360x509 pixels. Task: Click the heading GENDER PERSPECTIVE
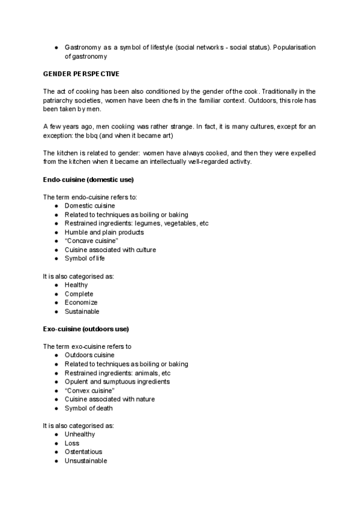(x=81, y=74)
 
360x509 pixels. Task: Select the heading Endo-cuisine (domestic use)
(x=88, y=180)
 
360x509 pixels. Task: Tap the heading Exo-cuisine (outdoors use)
(x=85, y=329)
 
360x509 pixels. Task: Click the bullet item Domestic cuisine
(x=89, y=206)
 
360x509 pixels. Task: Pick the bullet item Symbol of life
(x=85, y=259)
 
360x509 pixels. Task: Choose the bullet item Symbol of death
(x=88, y=408)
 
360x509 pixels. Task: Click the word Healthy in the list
(x=76, y=285)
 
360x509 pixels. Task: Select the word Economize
(x=80, y=303)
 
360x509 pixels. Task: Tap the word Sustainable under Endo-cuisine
(x=82, y=312)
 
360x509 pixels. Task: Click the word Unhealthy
(x=80, y=434)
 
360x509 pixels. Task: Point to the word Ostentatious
(x=83, y=452)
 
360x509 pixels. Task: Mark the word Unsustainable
(x=86, y=461)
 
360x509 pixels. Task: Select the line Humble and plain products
(x=104, y=232)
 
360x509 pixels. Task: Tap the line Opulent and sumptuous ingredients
(x=117, y=382)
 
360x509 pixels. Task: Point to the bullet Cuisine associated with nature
(x=109, y=399)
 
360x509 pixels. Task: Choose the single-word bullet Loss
(x=72, y=443)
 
